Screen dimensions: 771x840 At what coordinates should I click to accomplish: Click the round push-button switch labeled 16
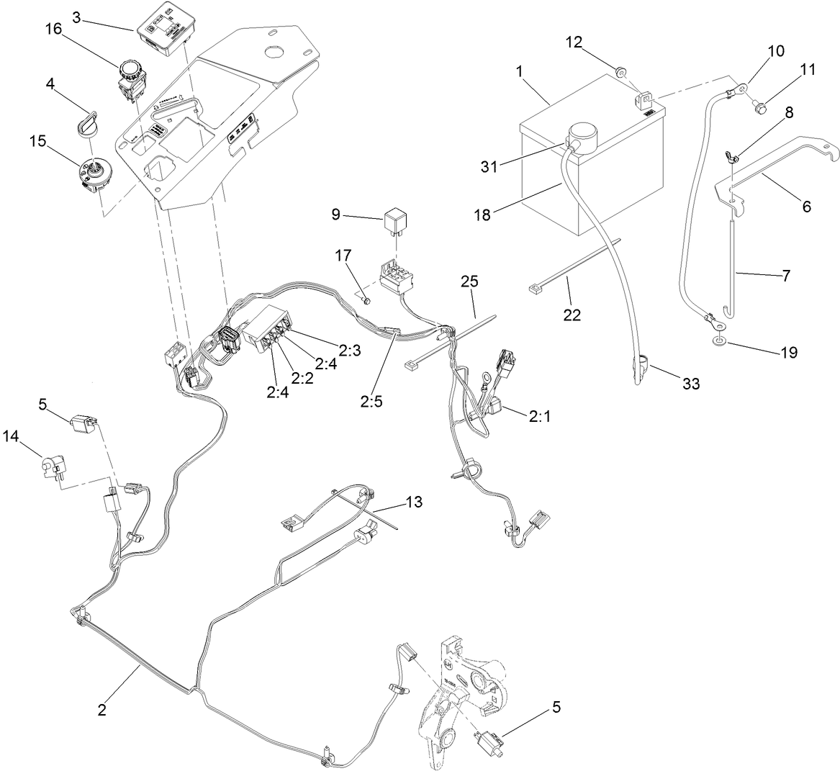point(132,78)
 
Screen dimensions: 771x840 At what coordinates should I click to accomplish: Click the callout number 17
point(342,255)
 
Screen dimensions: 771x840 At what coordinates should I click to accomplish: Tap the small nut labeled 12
point(620,71)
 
